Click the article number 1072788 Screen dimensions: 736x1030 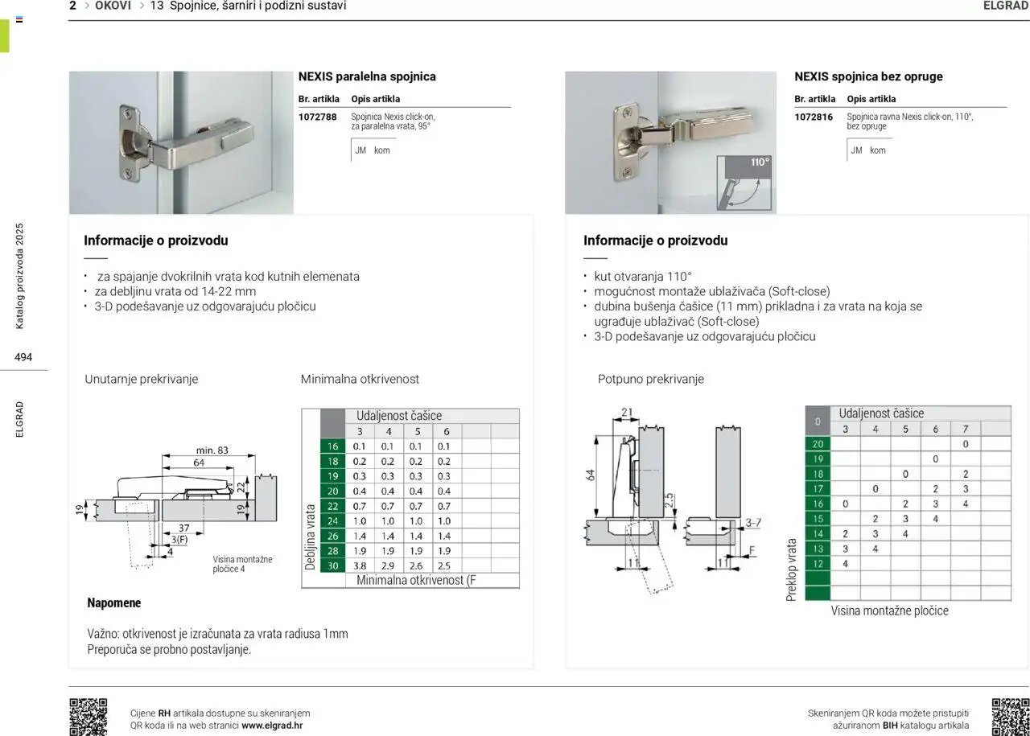[x=317, y=117]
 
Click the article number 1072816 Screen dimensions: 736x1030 [x=813, y=117]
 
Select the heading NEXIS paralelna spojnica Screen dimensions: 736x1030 [x=367, y=76]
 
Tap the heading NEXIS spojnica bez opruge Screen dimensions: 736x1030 [x=868, y=76]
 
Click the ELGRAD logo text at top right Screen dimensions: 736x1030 [x=1005, y=6]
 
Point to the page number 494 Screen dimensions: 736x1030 [x=23, y=357]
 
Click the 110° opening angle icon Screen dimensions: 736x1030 [x=746, y=182]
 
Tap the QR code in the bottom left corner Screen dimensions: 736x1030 [x=88, y=717]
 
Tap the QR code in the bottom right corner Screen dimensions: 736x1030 [x=1010, y=717]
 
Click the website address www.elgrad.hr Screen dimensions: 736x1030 [x=272, y=726]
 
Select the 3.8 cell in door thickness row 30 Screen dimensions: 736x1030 [x=360, y=565]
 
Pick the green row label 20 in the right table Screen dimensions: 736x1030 [x=818, y=444]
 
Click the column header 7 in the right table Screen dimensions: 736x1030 [x=965, y=429]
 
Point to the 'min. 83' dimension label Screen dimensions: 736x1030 [x=212, y=450]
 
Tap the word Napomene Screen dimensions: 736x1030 [x=113, y=602]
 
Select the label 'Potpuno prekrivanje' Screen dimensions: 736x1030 [x=650, y=379]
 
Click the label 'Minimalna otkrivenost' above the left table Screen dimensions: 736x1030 [x=360, y=379]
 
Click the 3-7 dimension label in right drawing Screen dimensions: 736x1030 [x=752, y=523]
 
